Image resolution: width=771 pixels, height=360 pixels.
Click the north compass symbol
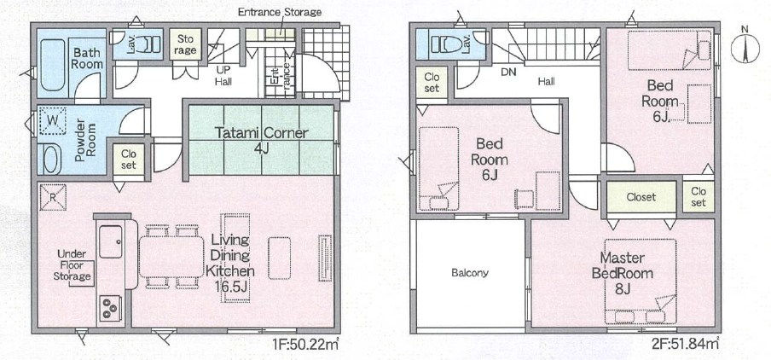[x=745, y=47]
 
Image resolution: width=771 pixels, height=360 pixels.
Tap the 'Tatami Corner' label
[x=262, y=133]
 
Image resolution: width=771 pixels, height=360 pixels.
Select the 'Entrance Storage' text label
[x=279, y=12]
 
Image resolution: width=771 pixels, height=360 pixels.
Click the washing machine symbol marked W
[x=52, y=120]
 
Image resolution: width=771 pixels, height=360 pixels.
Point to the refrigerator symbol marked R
[x=53, y=197]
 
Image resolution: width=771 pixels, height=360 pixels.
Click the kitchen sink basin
[x=111, y=241]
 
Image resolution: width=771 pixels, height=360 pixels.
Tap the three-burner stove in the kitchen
[x=110, y=308]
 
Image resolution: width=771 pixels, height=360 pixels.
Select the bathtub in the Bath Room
[x=53, y=65]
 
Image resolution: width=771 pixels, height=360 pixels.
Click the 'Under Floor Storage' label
[x=72, y=265]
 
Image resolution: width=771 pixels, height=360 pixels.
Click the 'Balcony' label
[x=470, y=273]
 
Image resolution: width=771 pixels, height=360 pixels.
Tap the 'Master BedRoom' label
[x=622, y=266]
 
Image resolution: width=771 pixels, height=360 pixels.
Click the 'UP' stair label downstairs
[x=223, y=70]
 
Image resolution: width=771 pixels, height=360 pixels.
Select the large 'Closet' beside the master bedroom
[x=641, y=197]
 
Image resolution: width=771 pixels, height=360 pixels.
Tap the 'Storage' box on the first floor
[x=185, y=44]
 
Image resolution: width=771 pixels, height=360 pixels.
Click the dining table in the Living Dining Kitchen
[x=171, y=257]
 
